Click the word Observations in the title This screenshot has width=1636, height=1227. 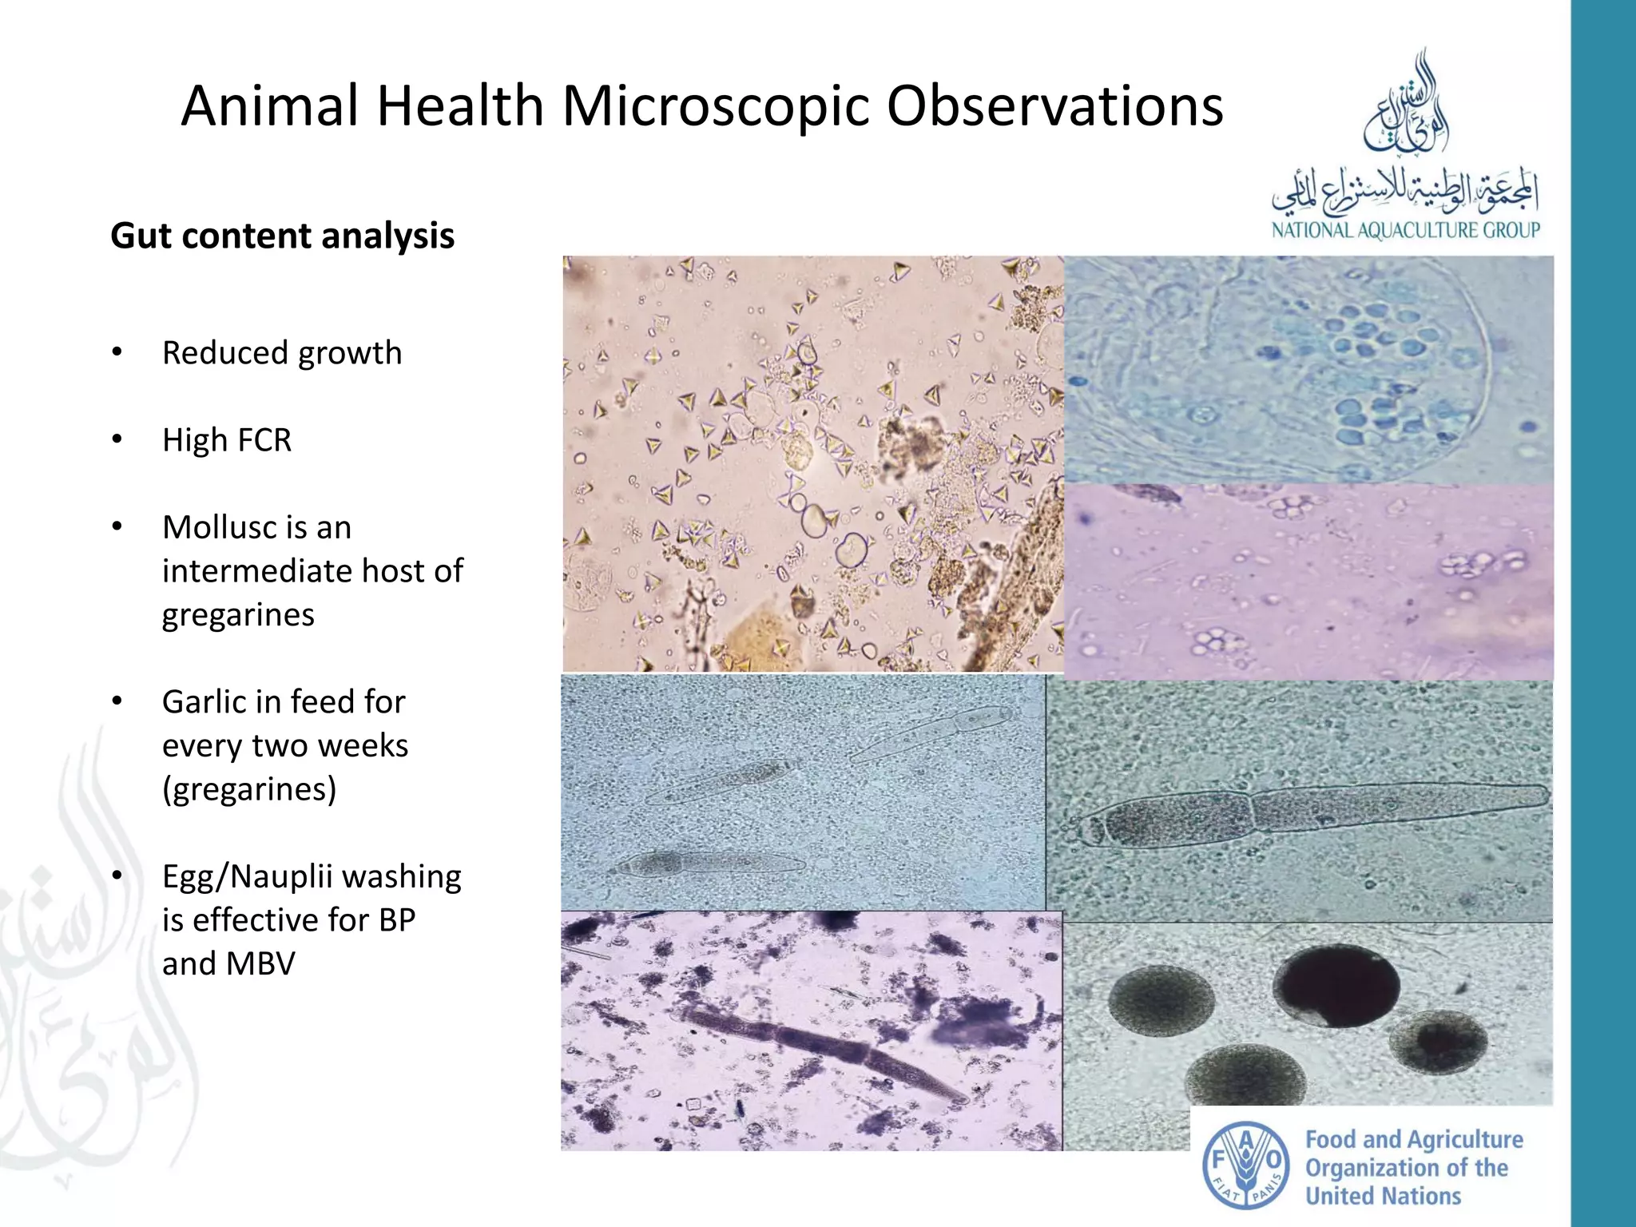pyautogui.click(x=1054, y=106)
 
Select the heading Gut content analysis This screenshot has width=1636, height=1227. pyautogui.click(x=282, y=236)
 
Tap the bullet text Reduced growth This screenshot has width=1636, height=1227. pyautogui.click(x=281, y=353)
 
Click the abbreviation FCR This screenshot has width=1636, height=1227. pyautogui.click(x=260, y=440)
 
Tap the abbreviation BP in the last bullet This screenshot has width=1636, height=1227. pyautogui.click(x=396, y=920)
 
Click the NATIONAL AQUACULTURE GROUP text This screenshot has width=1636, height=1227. pyautogui.click(x=1405, y=231)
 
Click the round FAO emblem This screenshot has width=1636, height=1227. pyautogui.click(x=1245, y=1165)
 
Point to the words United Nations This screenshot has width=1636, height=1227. pyautogui.click(x=1383, y=1196)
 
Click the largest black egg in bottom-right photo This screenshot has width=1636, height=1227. pyautogui.click(x=1335, y=985)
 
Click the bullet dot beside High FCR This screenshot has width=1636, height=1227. pyautogui.click(x=117, y=439)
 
